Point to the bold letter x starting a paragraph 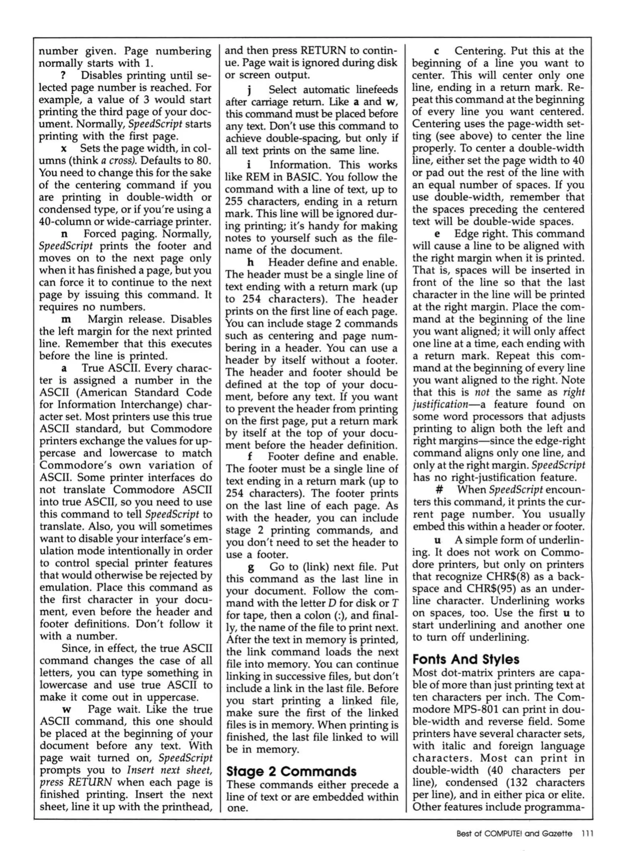tap(63, 149)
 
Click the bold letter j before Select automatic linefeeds tap(249, 91)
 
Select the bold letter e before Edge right tap(437, 234)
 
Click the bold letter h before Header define tap(250, 263)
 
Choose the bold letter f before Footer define tap(250, 457)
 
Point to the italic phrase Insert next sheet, tap(170, 770)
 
